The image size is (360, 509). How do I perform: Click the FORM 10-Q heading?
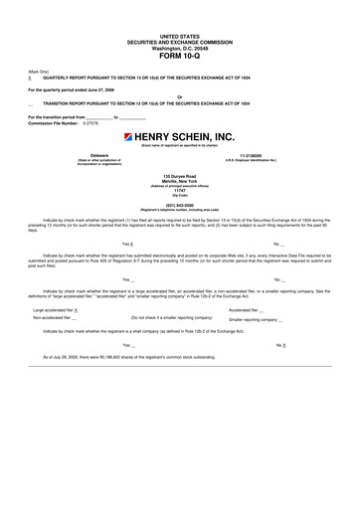pos(179,55)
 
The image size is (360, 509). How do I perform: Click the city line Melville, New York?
pos(179,181)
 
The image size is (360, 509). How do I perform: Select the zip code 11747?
pos(179,191)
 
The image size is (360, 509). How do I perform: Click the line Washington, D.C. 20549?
pos(179,45)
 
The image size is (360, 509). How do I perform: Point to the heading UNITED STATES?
pos(179,34)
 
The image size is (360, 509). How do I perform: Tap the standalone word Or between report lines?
pos(179,95)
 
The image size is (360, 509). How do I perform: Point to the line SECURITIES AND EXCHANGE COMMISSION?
pos(179,40)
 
